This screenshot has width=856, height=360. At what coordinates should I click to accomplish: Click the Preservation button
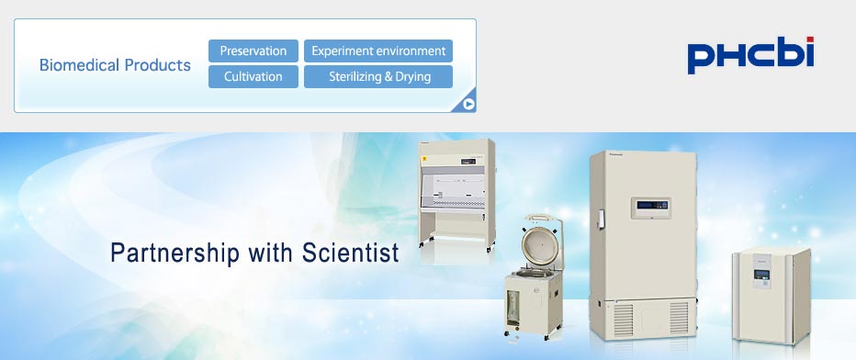253,51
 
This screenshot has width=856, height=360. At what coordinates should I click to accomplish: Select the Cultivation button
253,76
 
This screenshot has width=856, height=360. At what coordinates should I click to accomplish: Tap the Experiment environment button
378,51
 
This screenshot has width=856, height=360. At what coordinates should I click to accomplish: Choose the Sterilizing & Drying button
378,76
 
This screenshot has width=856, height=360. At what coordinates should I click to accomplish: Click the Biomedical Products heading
115,65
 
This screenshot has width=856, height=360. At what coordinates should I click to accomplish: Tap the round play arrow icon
468,104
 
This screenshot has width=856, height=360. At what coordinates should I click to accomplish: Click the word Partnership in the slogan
175,253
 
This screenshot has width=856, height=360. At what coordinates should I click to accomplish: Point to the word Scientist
351,253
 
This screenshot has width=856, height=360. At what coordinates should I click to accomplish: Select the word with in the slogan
271,253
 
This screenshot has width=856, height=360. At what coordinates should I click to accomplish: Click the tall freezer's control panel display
651,208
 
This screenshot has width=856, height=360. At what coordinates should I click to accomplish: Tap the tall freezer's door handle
601,219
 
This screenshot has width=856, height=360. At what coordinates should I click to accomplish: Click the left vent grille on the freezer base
624,319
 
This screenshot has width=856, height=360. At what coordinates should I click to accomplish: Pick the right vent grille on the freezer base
679,318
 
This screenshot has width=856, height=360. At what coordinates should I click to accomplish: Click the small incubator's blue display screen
761,274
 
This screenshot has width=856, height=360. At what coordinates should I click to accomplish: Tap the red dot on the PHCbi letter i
810,39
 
